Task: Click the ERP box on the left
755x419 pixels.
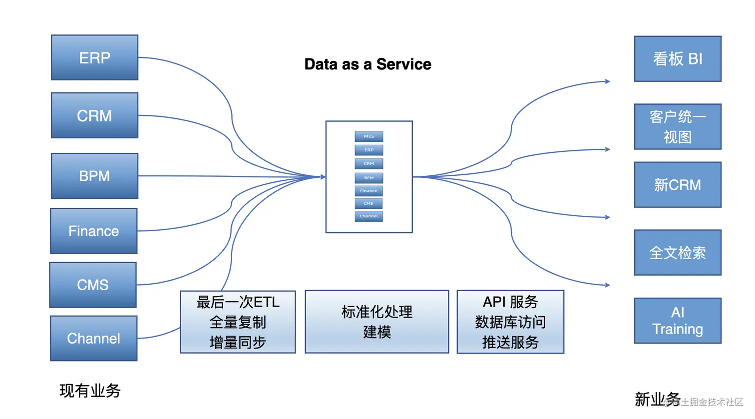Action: (94, 57)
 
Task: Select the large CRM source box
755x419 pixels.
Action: (94, 115)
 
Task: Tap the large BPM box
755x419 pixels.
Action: (94, 176)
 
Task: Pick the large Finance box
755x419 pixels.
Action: (94, 231)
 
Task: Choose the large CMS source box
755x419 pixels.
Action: (93, 285)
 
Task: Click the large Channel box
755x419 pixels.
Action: (94, 338)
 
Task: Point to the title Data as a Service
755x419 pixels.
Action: (368, 64)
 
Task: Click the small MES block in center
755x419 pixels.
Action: (369, 136)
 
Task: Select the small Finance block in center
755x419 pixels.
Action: (369, 191)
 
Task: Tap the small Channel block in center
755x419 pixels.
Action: (369, 216)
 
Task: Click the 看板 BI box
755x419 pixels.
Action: (678, 59)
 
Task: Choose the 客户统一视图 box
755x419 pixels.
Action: (678, 126)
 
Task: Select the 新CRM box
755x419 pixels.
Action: (678, 185)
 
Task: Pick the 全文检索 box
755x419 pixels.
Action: (678, 253)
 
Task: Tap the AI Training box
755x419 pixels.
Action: (678, 321)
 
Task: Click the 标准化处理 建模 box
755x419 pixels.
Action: (377, 322)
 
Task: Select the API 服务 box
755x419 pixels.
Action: (510, 322)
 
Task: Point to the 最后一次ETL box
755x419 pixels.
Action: (238, 322)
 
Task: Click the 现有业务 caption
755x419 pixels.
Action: (90, 391)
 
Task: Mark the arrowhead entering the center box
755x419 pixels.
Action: (323, 177)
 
